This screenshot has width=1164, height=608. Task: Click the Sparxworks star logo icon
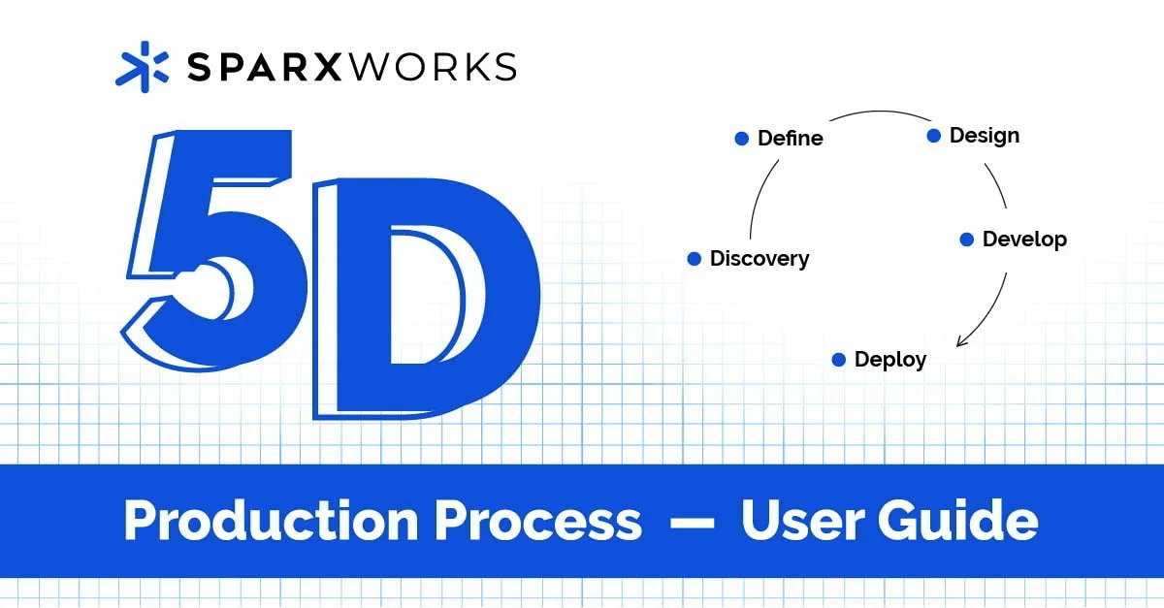coord(142,67)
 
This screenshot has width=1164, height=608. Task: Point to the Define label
coord(790,139)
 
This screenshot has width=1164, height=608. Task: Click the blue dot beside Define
coord(741,139)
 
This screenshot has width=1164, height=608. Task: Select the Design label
coord(984,136)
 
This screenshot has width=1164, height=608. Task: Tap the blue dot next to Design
coord(933,136)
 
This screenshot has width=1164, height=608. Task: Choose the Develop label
coord(1023,239)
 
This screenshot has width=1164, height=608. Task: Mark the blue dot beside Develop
coord(966,240)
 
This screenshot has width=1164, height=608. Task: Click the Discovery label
coord(759,259)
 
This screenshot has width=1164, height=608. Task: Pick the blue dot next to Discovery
coord(694,259)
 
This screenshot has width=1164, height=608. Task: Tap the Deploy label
coord(889,360)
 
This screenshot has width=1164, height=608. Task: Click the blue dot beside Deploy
coord(839,360)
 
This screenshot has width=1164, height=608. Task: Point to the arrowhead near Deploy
coord(961,340)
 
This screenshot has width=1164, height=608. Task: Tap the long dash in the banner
coord(692,524)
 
